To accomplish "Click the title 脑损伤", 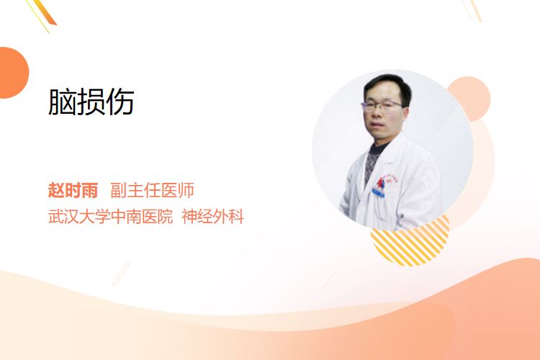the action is coord(91,102).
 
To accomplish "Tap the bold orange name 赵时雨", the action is coord(73,190).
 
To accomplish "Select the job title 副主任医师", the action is coord(152,190).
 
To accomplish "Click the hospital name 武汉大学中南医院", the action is coord(111,217).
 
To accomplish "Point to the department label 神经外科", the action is coord(213,217).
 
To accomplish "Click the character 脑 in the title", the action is coord(63,102).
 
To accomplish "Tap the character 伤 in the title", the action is coord(120,102).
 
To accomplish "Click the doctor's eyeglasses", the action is coord(382,104).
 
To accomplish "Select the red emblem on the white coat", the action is coord(382,183).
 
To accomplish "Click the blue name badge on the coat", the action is coord(378,193).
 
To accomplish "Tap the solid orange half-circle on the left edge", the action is coord(13,73).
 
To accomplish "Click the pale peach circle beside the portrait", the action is coord(472,99).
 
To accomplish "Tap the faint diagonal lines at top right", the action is coord(472,10).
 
